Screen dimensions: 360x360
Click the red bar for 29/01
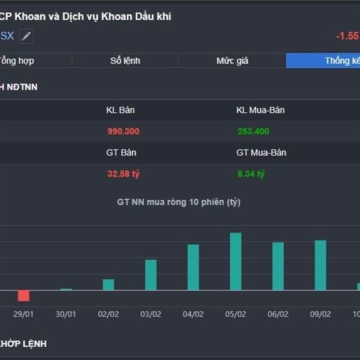point(23,295)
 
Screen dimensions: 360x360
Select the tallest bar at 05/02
point(236,262)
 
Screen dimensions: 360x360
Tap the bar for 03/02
point(151,275)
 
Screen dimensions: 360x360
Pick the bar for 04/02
point(193,267)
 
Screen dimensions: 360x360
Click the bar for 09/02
point(320,265)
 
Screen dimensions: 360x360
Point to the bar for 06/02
point(278,266)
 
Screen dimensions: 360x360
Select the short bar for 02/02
point(108,284)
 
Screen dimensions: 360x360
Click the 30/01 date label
point(65,314)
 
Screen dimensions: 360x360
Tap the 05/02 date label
point(235,314)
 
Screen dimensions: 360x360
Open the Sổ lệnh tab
point(125,61)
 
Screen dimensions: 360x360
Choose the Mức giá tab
point(232,61)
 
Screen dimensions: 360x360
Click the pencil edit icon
point(26,36)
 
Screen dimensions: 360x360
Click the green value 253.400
point(253,131)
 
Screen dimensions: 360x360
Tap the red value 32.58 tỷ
point(123,174)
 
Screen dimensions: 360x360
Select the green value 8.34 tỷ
point(251,174)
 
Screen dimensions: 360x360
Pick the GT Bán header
point(121,152)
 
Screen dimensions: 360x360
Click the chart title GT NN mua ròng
point(178,202)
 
